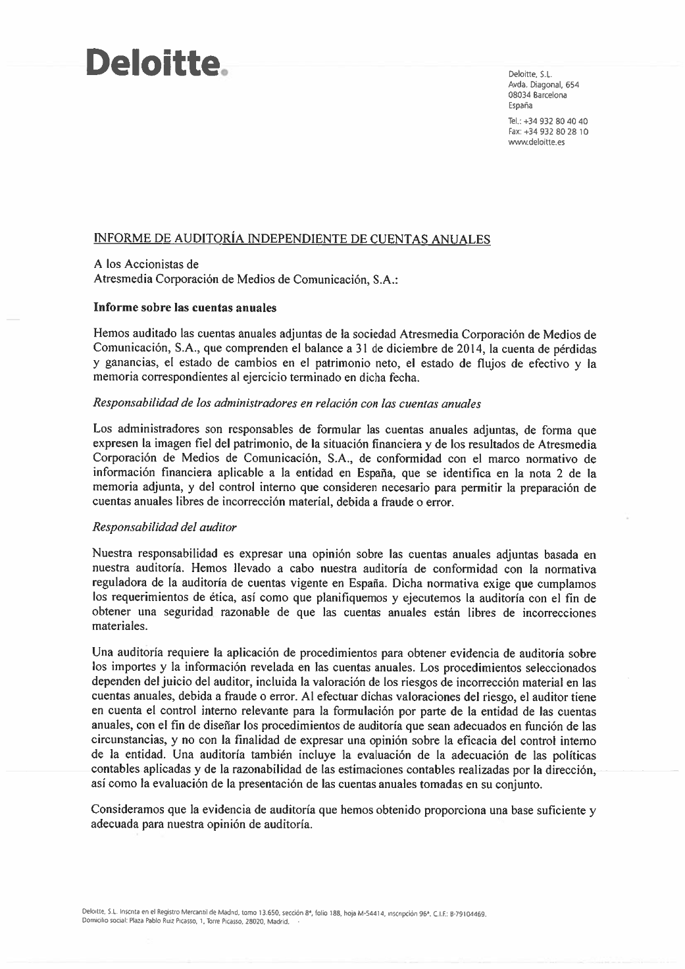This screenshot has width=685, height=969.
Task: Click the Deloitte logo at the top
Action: pos(155,65)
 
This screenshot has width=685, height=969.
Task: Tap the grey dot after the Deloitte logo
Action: pos(224,74)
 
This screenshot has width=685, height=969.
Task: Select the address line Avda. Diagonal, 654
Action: pos(543,85)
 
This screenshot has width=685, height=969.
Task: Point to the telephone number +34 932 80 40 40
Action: pos(555,121)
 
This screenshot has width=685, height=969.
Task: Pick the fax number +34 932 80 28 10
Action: pos(555,132)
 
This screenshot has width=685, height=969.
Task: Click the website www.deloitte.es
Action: pos(536,142)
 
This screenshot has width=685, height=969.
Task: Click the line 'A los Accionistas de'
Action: pos(145,264)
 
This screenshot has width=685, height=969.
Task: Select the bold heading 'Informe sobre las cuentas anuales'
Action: pos(185,307)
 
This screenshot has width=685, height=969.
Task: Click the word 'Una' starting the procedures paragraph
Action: pos(104,653)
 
